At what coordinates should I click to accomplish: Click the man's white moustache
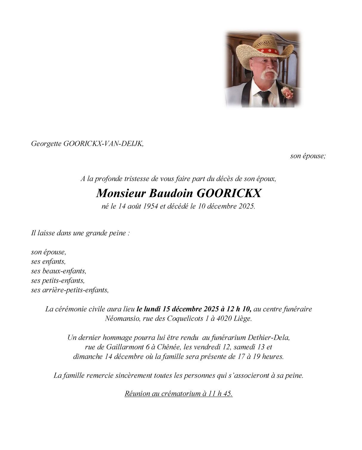point(269,74)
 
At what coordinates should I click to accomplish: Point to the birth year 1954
point(150,206)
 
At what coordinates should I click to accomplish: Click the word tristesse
point(136,179)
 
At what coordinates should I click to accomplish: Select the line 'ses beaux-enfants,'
point(59,271)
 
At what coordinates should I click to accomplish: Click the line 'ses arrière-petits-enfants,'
point(70,290)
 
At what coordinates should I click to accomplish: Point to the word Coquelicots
point(185,318)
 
